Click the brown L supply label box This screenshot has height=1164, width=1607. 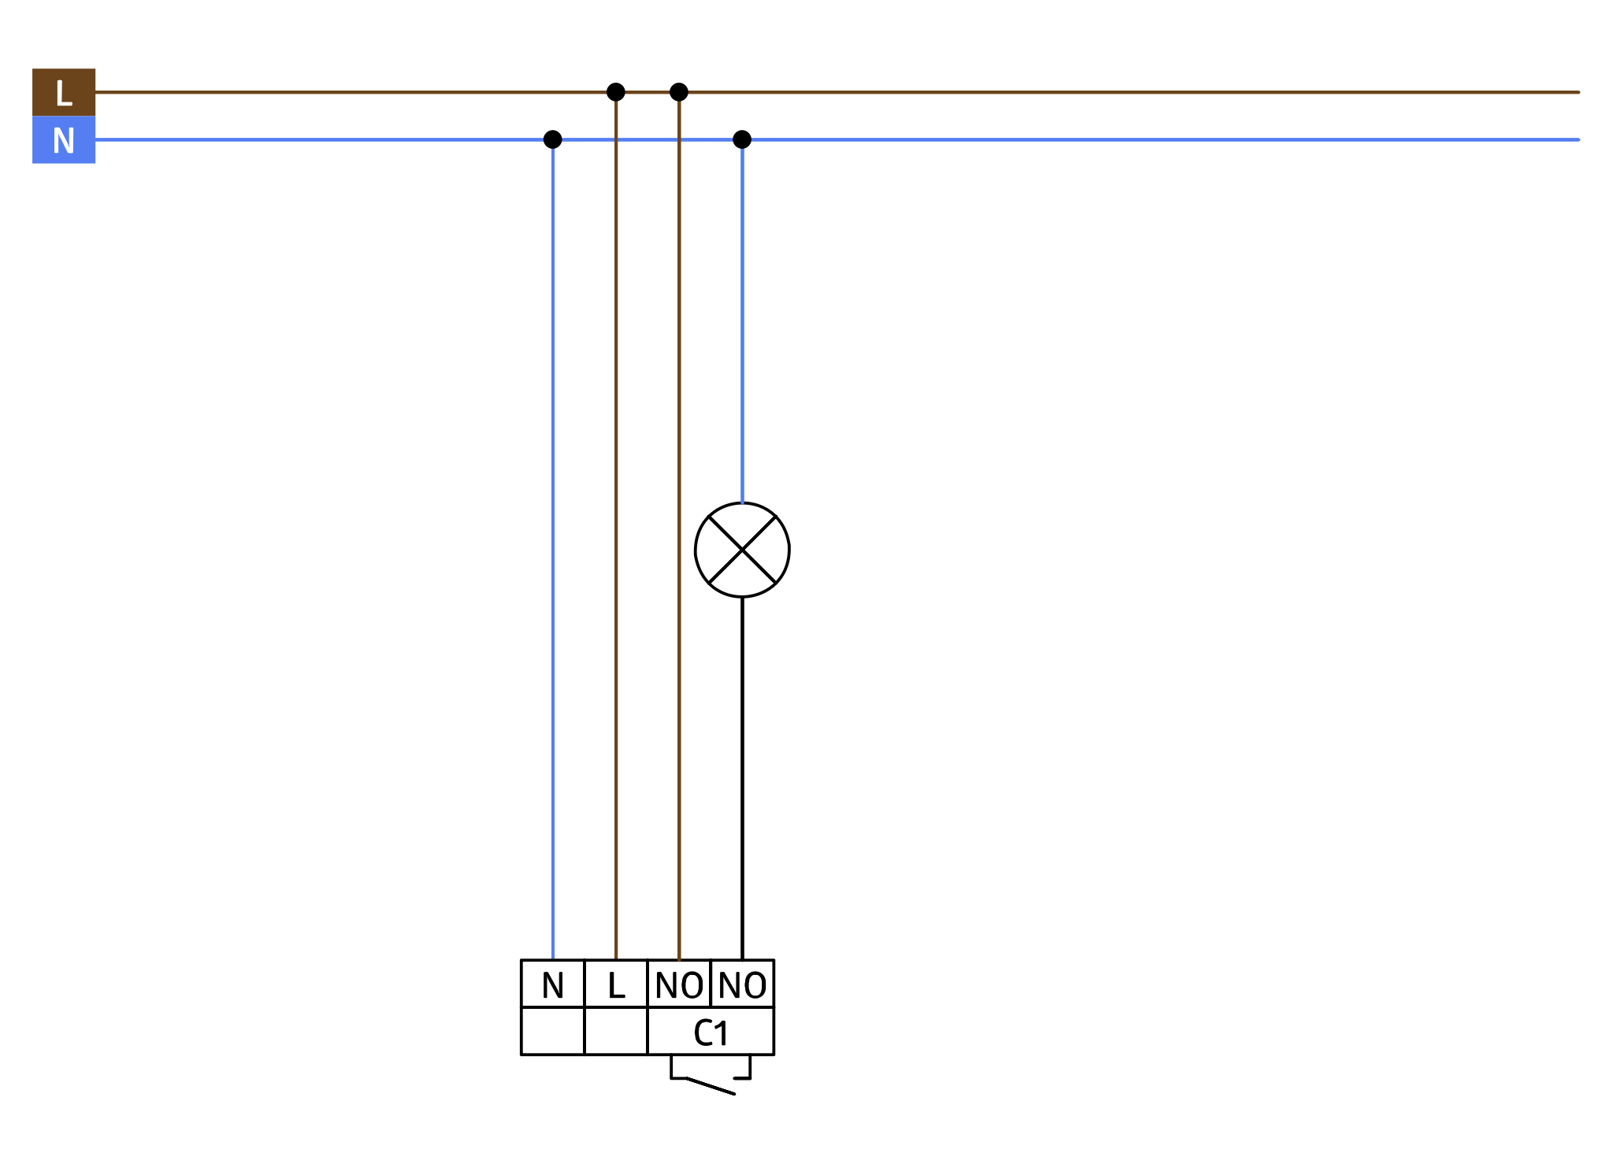[64, 92]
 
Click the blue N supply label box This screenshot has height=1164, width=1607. [64, 140]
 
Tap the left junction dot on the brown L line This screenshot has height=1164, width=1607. [616, 92]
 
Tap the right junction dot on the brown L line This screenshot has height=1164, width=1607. [679, 92]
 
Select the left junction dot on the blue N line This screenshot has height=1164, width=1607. [553, 139]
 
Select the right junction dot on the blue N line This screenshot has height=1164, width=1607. [742, 139]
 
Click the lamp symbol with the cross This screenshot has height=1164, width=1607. [742, 550]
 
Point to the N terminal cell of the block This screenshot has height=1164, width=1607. [553, 984]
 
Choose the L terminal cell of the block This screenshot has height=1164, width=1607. [616, 984]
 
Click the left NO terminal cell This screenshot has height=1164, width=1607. [679, 984]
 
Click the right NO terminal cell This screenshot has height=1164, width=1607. [742, 984]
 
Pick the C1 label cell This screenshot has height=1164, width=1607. [711, 1032]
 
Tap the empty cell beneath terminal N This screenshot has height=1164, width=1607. [553, 1032]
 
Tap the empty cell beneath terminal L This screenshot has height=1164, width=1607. [616, 1032]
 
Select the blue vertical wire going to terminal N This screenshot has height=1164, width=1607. [553, 551]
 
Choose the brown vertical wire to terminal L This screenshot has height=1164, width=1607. [616, 551]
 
